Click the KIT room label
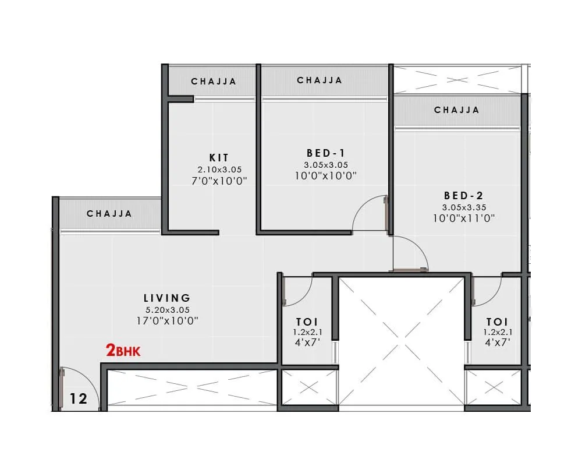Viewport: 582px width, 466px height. tap(219, 158)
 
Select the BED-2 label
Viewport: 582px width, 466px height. tap(463, 196)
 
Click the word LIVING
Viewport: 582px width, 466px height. tap(167, 299)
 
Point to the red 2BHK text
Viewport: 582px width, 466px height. tap(123, 351)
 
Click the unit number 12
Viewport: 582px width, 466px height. tap(79, 399)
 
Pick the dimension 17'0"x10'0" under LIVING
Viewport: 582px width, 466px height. tap(167, 320)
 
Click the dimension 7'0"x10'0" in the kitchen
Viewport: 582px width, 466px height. tap(219, 181)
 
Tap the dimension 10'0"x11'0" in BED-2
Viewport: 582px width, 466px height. tap(463, 218)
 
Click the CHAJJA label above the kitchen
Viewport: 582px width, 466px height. tap(214, 82)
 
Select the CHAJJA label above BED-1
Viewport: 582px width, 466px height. tap(320, 80)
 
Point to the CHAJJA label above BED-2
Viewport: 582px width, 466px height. tap(457, 110)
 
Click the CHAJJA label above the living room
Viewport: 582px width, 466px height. tap(109, 214)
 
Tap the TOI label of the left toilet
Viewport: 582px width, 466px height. tap(307, 322)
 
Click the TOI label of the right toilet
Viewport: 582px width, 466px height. tap(497, 322)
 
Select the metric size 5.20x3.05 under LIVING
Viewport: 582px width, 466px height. tap(167, 310)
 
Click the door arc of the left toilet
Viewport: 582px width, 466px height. tap(300, 291)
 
